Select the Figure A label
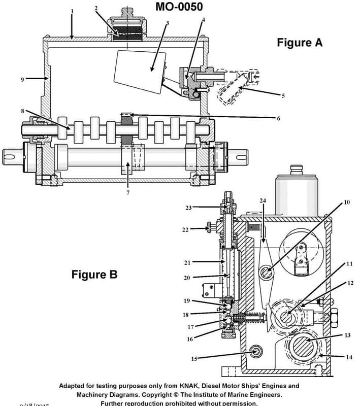[x=299, y=43]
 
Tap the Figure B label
[x=94, y=275]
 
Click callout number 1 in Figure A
[x=72, y=11]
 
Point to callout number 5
[x=283, y=95]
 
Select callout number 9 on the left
[x=22, y=79]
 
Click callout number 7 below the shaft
[x=128, y=193]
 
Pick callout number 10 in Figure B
[x=347, y=202]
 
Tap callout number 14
[x=349, y=357]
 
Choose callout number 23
[x=188, y=207]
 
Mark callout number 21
[x=187, y=262]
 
